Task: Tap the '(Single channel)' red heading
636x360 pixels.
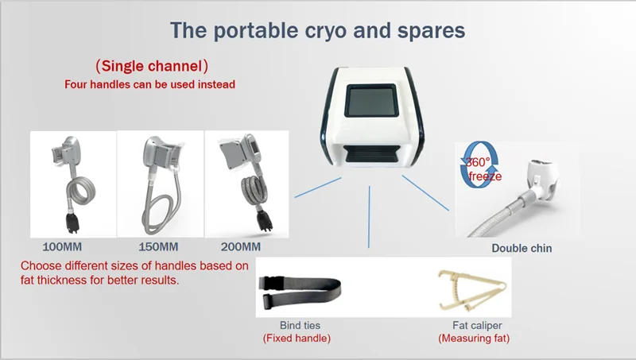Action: [x=152, y=66]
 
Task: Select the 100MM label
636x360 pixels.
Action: [x=62, y=247]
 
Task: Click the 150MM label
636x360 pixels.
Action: [x=158, y=247]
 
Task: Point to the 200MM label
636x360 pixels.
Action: [x=241, y=247]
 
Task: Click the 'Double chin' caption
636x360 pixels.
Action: [x=522, y=248]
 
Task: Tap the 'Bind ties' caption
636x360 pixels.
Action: [x=300, y=325]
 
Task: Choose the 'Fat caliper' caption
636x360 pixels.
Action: [x=477, y=325]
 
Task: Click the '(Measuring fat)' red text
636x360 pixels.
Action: [x=474, y=338]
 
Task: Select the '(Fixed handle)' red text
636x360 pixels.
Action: [x=297, y=338]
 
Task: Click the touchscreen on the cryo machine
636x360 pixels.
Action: [x=370, y=101]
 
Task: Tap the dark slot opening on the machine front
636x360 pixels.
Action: [x=372, y=153]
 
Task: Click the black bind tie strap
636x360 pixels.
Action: [x=301, y=290]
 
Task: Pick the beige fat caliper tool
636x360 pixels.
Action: [x=472, y=290]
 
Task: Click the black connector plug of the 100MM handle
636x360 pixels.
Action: [x=72, y=223]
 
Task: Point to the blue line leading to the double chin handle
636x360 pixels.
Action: [x=425, y=193]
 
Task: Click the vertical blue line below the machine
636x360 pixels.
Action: [x=369, y=217]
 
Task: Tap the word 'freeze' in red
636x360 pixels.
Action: [x=485, y=176]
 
